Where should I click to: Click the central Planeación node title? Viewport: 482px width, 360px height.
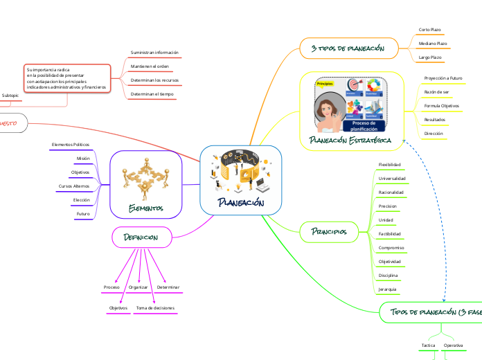pos(240,203)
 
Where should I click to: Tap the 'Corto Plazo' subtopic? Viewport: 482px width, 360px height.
pos(430,30)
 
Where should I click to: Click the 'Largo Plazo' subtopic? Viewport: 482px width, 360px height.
pos(430,57)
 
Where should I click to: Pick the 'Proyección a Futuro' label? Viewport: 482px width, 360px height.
pos(443,78)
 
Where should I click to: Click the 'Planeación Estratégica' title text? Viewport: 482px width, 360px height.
pos(350,140)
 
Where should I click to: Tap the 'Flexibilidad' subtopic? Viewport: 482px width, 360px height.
pos(389,165)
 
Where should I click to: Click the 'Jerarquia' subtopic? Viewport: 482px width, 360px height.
pos(388,288)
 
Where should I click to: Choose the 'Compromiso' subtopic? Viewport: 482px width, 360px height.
pos(391,247)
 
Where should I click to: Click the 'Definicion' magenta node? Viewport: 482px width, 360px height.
pos(141,237)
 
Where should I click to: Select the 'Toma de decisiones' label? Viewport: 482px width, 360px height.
pos(155,307)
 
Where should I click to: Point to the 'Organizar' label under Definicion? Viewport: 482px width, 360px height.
pos(139,287)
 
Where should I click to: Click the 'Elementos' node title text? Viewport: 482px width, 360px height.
pos(146,208)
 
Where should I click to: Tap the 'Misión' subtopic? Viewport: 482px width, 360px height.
pos(83,158)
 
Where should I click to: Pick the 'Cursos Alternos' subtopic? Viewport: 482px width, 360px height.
pos(74,186)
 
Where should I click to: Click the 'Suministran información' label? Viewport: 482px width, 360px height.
pos(154,53)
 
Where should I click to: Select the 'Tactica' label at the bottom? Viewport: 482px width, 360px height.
pos(428,344)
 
